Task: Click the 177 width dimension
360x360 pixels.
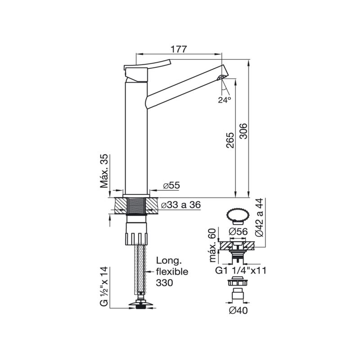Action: (179, 49)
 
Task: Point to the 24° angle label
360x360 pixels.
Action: (225, 99)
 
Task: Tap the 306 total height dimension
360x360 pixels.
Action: (243, 131)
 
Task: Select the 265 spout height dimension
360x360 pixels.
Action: (229, 140)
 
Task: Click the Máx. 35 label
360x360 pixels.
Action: (104, 171)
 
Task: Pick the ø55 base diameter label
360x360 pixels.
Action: (171, 185)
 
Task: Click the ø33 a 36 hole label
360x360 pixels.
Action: (181, 205)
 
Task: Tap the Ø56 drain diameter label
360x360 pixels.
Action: (238, 232)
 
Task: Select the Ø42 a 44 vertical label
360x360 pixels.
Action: (260, 217)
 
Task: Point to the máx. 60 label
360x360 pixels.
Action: (213, 245)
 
